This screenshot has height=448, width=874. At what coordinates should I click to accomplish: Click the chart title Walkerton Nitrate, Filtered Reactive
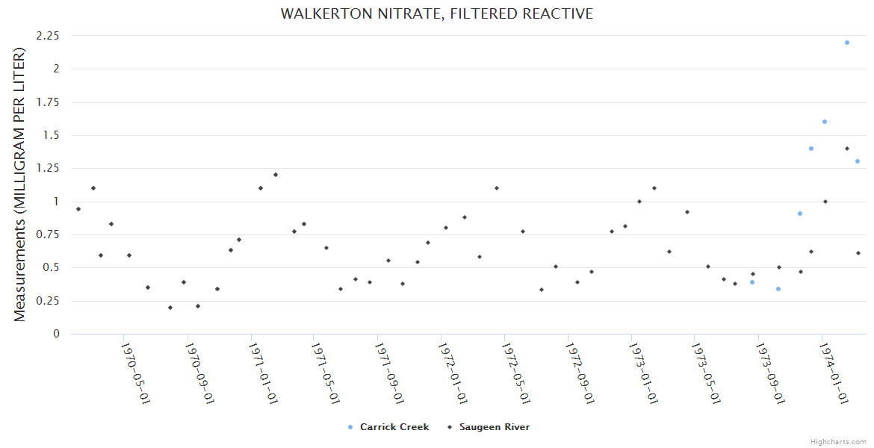coord(437,14)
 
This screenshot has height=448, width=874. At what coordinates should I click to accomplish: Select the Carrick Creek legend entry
coord(394,427)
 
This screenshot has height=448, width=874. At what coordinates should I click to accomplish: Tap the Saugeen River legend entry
coord(494,427)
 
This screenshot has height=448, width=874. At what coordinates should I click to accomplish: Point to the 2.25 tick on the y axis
coord(48,36)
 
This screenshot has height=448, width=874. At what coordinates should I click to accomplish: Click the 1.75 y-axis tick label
coord(48,102)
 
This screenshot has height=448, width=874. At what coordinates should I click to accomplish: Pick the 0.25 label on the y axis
coord(48,301)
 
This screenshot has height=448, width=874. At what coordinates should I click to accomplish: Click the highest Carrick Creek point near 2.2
coord(846,43)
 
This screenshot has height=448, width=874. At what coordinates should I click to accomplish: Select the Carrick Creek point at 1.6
coord(825,122)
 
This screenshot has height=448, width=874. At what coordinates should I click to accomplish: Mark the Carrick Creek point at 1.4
coord(811,149)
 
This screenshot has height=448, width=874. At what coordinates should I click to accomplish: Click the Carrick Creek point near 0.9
coord(799,214)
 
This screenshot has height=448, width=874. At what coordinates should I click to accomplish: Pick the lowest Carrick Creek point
coord(778,289)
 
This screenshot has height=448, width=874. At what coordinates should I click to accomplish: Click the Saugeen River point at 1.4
coord(847,149)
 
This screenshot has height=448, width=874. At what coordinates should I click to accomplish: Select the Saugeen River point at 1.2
coord(275,175)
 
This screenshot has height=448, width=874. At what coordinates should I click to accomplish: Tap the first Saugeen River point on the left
coord(78,209)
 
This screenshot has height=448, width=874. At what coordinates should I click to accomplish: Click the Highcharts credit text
coord(838,442)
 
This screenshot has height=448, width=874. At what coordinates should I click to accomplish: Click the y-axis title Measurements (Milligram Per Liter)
coord(20,184)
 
